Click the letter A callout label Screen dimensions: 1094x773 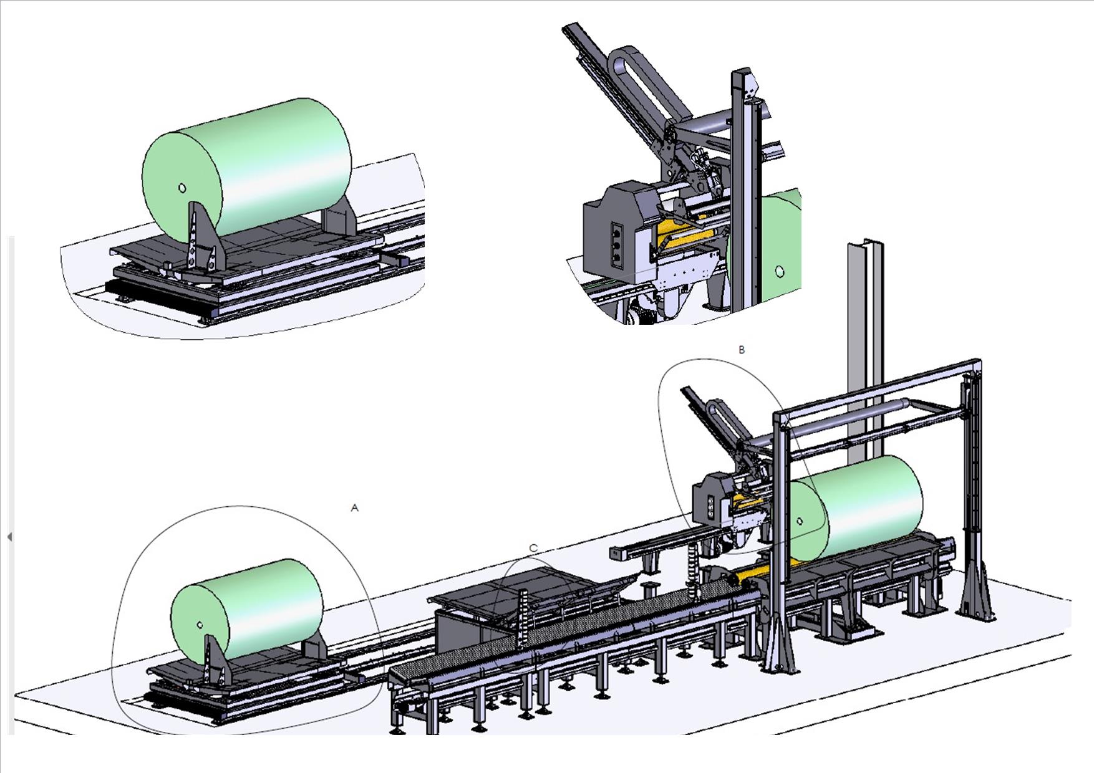pyautogui.click(x=355, y=508)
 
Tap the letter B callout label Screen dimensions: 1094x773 pyautogui.click(x=742, y=350)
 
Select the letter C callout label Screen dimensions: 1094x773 pyautogui.click(x=533, y=548)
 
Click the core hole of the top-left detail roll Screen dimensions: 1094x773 pyautogui.click(x=182, y=188)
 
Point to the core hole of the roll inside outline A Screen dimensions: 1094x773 pyautogui.click(x=199, y=624)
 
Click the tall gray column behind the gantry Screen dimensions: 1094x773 pyautogui.click(x=864, y=349)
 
